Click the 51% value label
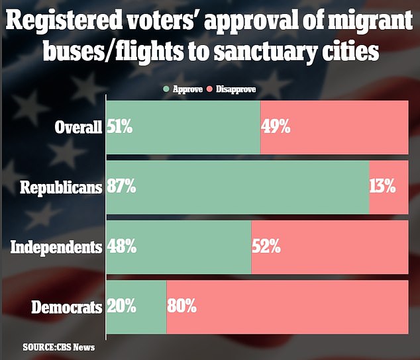[x=120, y=126]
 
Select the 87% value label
[x=121, y=187]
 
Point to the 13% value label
[x=383, y=187]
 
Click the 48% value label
[x=121, y=247]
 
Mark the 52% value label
[x=267, y=247]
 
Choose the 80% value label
[x=182, y=307]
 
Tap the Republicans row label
[x=61, y=187]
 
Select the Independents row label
[x=56, y=247]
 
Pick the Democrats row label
[x=67, y=308]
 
